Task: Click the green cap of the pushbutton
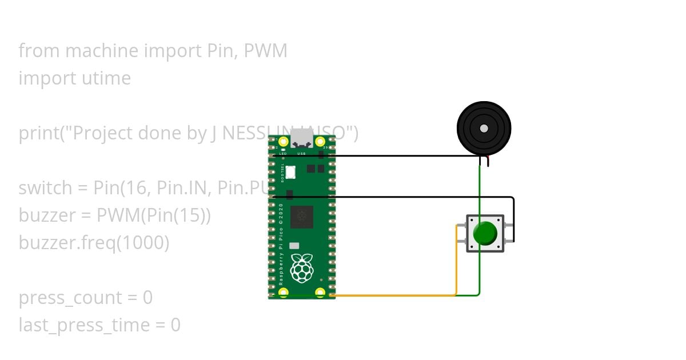(485, 233)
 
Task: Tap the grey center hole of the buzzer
(484, 129)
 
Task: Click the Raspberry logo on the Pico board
(301, 268)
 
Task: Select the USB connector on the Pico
(301, 139)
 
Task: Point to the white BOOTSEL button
(291, 171)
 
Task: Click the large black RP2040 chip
(301, 218)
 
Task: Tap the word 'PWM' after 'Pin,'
(265, 51)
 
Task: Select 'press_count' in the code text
(70, 298)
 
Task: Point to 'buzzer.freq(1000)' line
(94, 243)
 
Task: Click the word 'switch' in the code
(45, 188)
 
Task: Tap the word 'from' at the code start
(39, 51)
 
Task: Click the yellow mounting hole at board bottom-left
(283, 293)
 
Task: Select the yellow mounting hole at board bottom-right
(320, 293)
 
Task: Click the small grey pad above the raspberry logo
(294, 245)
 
